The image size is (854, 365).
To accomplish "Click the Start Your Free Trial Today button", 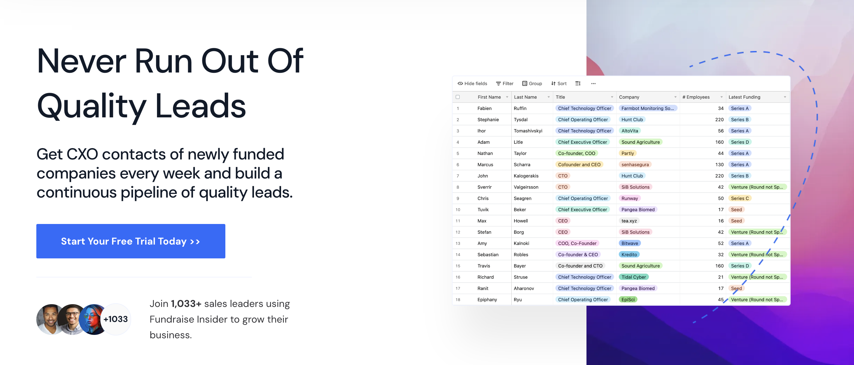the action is (x=131, y=241).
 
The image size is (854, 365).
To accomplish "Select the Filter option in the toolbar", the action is (x=504, y=83).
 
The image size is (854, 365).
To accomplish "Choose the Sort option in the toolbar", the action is (x=559, y=83).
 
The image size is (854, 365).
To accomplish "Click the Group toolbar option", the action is (x=532, y=83).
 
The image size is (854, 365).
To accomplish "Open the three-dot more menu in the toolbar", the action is (x=593, y=83).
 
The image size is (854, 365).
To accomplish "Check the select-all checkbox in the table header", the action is (x=457, y=97).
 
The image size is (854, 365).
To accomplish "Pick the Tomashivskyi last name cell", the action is (x=528, y=131).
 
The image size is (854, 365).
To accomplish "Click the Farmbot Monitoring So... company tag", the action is (x=647, y=108).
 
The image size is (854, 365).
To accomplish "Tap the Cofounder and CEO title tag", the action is (x=579, y=164).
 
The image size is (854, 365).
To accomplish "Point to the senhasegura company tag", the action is (x=635, y=164).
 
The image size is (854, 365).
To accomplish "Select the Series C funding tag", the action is (x=739, y=198).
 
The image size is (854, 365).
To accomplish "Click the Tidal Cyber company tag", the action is (x=634, y=277).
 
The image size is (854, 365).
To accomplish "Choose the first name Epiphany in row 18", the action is (x=487, y=300).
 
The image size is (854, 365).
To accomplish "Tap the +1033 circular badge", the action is (x=115, y=319).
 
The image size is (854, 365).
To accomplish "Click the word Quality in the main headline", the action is (x=91, y=106).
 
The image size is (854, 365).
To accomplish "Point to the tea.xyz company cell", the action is (x=629, y=221).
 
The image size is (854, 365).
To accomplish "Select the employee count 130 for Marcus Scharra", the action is (x=719, y=164).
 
